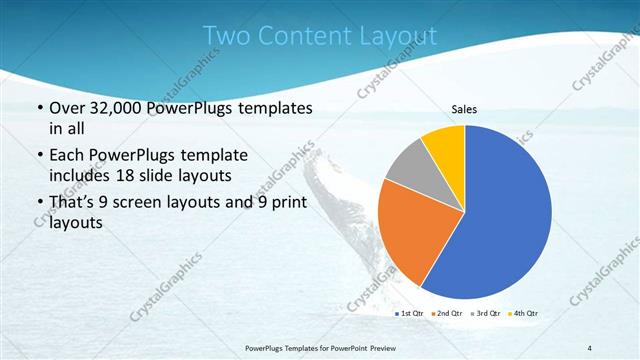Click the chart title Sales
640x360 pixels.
point(465,108)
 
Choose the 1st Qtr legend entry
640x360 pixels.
point(410,314)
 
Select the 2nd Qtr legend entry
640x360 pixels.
point(449,314)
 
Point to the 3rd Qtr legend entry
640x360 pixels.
point(487,314)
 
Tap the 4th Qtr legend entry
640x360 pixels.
point(525,314)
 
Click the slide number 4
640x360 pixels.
point(590,347)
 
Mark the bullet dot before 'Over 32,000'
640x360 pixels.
point(39,109)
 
